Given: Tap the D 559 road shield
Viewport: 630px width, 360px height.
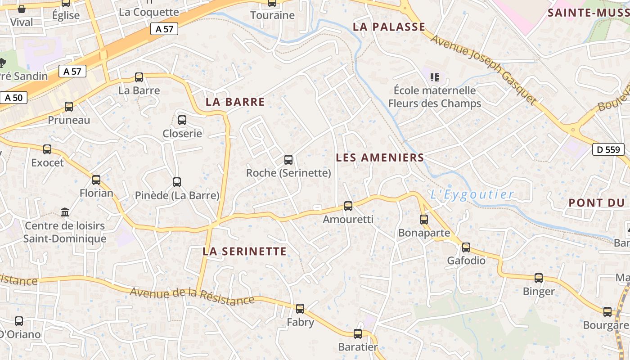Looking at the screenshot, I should click(609, 149).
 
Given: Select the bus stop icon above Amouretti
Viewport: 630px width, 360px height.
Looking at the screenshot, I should click(348, 206).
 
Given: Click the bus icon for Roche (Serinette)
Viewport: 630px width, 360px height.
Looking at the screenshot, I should click(288, 160).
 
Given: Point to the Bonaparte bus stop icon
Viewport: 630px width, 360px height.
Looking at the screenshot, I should click(424, 220).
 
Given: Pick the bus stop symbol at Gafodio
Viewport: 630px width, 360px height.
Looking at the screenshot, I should click(466, 247).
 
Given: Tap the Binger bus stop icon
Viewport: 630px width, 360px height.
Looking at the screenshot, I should click(539, 278).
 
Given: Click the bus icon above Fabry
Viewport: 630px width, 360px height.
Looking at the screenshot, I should click(300, 309).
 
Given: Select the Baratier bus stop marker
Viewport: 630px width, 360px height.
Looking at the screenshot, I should click(358, 334).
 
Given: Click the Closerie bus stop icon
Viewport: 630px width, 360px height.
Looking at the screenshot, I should click(182, 120).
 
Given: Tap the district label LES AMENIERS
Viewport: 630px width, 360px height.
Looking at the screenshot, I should click(380, 157).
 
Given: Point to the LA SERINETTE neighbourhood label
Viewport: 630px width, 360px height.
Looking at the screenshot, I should click(244, 251).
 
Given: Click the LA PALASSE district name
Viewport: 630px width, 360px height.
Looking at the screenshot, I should click(389, 27).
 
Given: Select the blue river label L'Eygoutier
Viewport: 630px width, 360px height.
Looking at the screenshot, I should click(472, 194).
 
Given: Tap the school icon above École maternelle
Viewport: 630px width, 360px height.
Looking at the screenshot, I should click(434, 77).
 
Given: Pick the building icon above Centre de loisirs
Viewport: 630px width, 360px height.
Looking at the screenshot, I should click(65, 212).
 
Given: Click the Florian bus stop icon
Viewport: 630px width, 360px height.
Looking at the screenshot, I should click(96, 180).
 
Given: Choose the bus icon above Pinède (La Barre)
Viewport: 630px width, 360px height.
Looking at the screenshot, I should click(177, 182).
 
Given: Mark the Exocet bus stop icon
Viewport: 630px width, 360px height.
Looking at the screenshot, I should click(47, 149).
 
